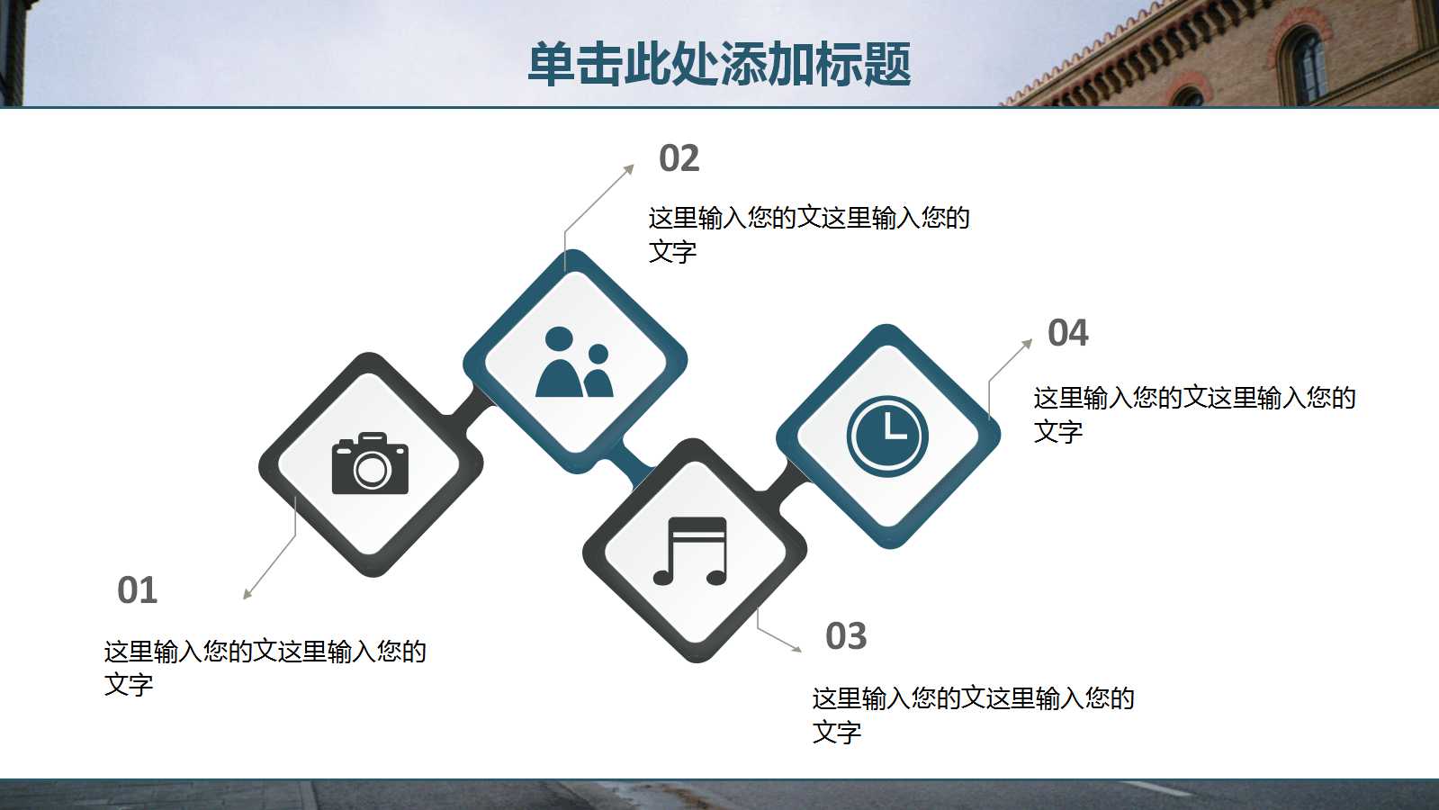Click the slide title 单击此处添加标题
[719, 64]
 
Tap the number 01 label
[138, 589]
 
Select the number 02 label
[679, 158]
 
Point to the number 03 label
[846, 636]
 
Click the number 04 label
[1067, 333]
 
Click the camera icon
[370, 463]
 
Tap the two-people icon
[574, 363]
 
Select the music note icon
[690, 551]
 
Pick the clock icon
[887, 436]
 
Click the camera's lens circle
[371, 470]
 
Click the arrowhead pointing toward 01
[247, 595]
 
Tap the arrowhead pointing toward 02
[630, 169]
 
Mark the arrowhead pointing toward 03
[796, 649]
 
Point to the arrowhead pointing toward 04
[1027, 344]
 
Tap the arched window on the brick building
[1303, 64]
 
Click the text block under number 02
[809, 235]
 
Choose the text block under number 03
[973, 715]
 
